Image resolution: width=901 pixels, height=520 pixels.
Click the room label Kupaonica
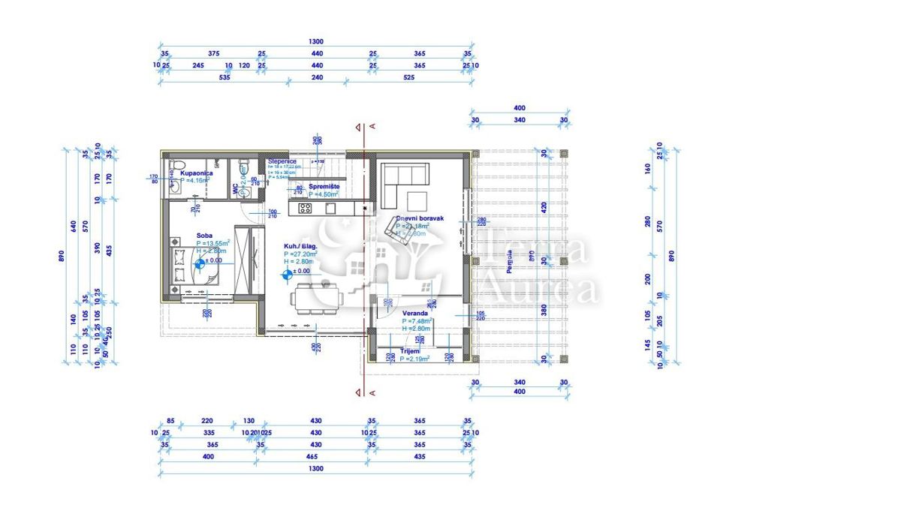coord(197,173)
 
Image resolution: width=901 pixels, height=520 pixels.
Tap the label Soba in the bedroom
coord(204,235)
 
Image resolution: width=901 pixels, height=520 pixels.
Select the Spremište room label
coord(324,185)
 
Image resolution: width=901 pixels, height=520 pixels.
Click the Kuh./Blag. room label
coord(300,246)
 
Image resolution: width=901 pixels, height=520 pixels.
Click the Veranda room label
coord(415,312)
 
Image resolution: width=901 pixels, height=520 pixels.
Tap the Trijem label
coord(410,351)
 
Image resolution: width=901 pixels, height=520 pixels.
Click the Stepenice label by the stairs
coord(282,161)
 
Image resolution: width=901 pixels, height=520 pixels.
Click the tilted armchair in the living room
coord(396,227)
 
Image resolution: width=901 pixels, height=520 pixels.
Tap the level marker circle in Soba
coord(200,263)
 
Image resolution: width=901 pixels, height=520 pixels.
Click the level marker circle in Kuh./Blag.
coord(286,275)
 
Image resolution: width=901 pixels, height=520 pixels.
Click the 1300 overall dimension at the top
coord(316,42)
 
